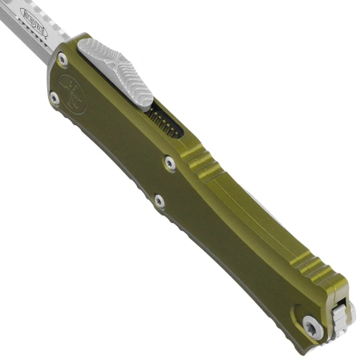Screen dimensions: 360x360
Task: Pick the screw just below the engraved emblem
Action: click(54, 99)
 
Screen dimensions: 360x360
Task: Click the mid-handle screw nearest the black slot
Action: click(170, 164)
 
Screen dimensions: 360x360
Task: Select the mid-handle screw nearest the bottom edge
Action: click(159, 201)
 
